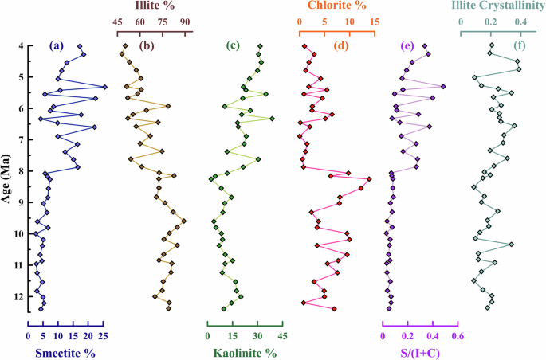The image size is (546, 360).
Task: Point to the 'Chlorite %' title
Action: click(x=337, y=6)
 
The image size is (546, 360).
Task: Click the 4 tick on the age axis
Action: click(x=20, y=46)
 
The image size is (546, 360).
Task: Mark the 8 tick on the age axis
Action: click(x=20, y=171)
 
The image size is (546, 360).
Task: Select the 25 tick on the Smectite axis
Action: click(x=103, y=336)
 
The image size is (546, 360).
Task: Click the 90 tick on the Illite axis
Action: click(x=185, y=22)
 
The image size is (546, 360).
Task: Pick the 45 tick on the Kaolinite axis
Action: click(x=282, y=336)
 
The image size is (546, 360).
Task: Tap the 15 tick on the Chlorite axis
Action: click(x=374, y=22)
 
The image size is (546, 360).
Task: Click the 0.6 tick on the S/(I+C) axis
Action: click(x=458, y=336)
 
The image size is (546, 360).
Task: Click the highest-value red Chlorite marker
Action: click(x=368, y=179)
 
